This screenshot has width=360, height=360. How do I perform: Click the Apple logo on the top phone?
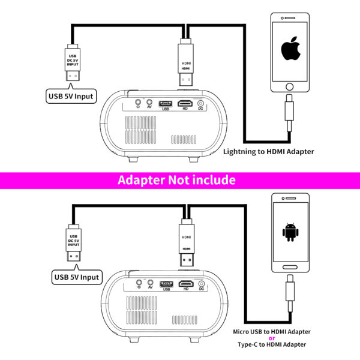click(291, 48)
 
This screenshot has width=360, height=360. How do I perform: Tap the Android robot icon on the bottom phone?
click(290, 232)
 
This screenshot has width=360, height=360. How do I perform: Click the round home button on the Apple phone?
click(290, 86)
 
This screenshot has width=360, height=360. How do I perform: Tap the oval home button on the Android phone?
click(290, 267)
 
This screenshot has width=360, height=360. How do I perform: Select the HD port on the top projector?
click(185, 103)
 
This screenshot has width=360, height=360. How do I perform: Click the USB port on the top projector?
click(166, 104)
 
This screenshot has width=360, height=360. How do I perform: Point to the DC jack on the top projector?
click(200, 104)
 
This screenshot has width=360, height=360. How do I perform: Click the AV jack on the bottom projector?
click(151, 283)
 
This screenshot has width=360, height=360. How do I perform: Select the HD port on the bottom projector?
click(186, 284)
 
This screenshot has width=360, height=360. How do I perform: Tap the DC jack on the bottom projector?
click(202, 284)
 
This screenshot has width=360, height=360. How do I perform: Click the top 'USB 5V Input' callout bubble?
click(71, 96)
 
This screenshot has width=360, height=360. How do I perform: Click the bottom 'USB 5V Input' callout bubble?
click(77, 277)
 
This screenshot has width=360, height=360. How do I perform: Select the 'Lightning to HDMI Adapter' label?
click(269, 152)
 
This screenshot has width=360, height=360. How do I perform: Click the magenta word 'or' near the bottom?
click(272, 338)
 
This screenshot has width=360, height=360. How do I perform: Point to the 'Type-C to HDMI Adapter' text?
click(272, 344)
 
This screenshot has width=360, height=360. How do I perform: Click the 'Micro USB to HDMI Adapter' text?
click(272, 332)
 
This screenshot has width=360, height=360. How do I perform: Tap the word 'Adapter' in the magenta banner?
click(142, 180)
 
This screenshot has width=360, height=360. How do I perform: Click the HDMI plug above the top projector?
click(185, 62)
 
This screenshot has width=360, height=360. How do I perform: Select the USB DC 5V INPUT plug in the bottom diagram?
click(73, 242)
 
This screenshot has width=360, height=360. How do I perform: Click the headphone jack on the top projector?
click(138, 102)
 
